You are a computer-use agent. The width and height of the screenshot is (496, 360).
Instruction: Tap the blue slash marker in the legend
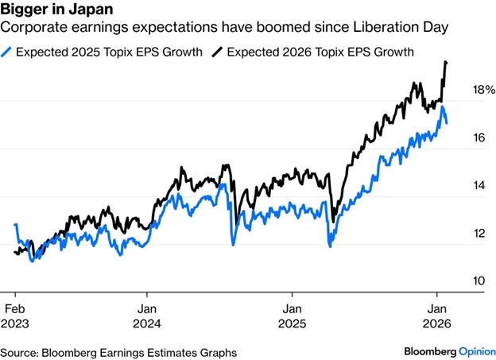click(7, 52)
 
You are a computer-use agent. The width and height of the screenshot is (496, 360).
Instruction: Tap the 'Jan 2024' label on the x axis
click(149, 315)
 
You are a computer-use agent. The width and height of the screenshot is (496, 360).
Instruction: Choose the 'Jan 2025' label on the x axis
click(293, 315)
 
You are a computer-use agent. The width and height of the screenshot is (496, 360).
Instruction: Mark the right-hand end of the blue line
click(446, 122)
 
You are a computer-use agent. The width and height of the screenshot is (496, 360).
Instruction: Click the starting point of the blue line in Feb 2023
click(16, 225)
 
